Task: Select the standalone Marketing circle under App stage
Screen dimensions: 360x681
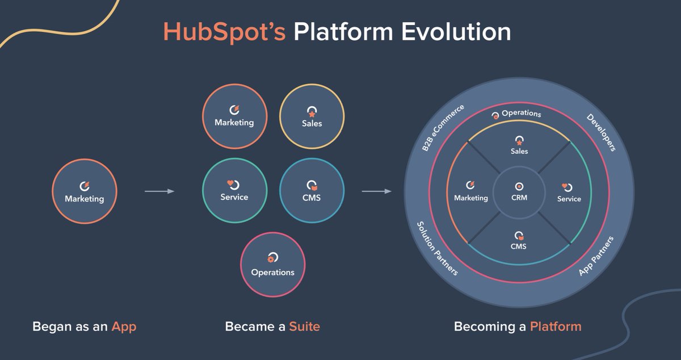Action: coord(84,191)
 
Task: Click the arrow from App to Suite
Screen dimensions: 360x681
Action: coord(159,191)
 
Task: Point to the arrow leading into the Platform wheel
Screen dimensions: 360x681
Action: coord(376,191)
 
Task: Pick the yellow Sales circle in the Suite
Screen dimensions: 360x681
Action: coord(312,116)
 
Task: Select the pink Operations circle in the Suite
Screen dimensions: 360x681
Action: coord(272,265)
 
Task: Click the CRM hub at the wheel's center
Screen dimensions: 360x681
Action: coord(519,191)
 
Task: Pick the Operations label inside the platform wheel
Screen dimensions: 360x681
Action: coord(521,114)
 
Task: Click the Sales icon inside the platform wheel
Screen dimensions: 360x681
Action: coord(519,140)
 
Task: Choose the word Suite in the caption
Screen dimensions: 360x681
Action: coord(304,326)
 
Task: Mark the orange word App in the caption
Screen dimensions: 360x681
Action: coord(124,326)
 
